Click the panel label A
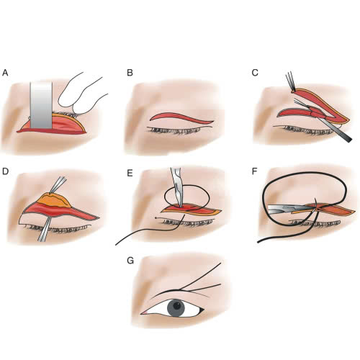coord(5,73)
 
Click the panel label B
coord(130,73)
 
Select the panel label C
coord(255,73)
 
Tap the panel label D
coord(5,171)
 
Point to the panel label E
coord(130,173)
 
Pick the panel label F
coord(255,171)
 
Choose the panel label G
coord(130,261)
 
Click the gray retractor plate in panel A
coord(41,105)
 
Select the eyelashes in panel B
coord(175,130)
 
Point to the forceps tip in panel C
coord(293,91)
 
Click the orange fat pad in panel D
coord(55,199)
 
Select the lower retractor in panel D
coord(45,229)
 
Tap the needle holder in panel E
coord(177,187)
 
